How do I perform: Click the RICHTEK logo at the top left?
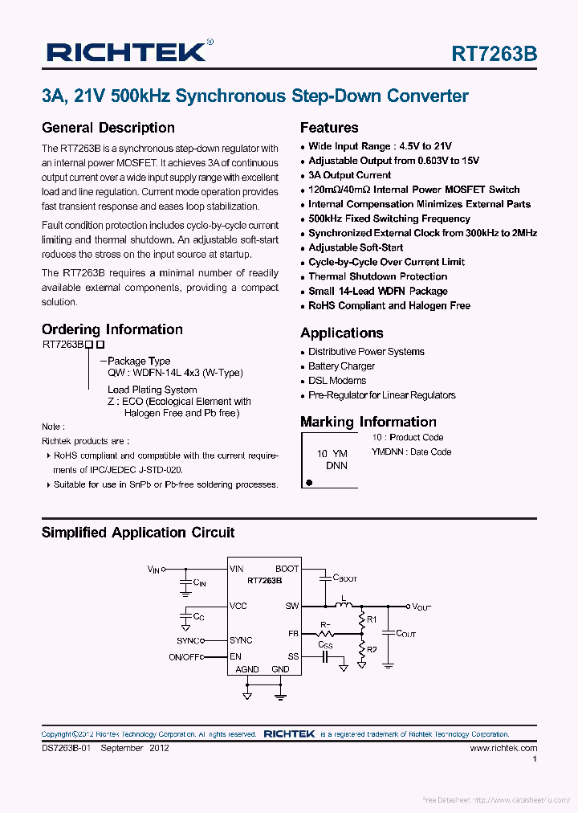click(127, 52)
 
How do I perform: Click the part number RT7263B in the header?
click(494, 54)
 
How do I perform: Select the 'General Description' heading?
click(108, 128)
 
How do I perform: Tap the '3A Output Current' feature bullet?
click(349, 175)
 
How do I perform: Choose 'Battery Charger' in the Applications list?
click(341, 366)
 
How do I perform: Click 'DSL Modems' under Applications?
click(337, 381)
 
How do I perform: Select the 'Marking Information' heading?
click(368, 422)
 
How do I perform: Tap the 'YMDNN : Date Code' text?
click(411, 451)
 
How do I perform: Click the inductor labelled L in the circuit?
click(346, 607)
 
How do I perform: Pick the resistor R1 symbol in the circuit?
click(360, 619)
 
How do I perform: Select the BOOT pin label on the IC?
click(287, 569)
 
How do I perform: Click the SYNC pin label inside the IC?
click(241, 640)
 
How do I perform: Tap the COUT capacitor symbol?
click(388, 633)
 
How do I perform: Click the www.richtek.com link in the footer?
click(503, 748)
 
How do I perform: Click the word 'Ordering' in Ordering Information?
click(72, 329)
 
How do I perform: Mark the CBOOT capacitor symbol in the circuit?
click(325, 577)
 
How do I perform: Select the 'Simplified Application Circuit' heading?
click(138, 533)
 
